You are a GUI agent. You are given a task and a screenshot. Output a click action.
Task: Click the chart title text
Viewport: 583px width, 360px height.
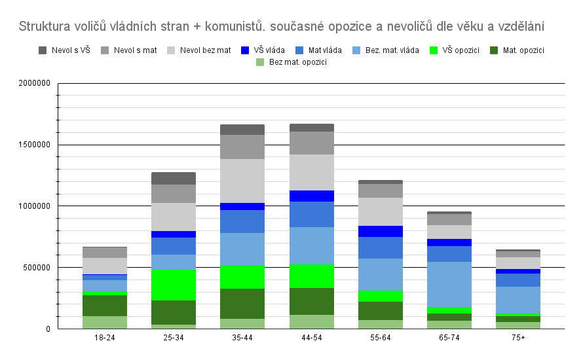point(281,27)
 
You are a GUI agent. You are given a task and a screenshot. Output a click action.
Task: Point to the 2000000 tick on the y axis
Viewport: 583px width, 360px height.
point(37,83)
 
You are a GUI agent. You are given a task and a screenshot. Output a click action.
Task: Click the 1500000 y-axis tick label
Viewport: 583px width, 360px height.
point(37,145)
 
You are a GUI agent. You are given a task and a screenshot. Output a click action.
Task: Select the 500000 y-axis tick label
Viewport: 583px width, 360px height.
point(39,267)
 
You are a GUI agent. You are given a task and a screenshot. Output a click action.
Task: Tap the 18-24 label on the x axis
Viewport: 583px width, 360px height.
point(105,338)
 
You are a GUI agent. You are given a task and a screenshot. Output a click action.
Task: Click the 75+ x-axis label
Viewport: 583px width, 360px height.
point(518,338)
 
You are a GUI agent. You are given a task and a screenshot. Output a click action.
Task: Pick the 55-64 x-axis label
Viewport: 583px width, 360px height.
point(381,338)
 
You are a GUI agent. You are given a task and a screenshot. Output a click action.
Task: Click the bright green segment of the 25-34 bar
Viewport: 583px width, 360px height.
point(174,285)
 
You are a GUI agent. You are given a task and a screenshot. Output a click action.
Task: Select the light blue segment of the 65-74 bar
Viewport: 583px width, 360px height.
point(449,284)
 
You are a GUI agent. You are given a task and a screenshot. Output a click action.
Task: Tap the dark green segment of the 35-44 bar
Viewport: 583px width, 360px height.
point(242,304)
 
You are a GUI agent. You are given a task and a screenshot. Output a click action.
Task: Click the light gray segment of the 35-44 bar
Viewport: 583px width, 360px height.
point(242,181)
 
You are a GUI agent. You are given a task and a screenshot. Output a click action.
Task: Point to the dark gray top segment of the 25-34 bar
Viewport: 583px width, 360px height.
point(174,178)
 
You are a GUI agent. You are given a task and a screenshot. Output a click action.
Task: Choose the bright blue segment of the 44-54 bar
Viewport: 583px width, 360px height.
point(312,196)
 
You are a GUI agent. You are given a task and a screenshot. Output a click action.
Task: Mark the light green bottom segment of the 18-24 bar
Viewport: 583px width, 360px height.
point(105,322)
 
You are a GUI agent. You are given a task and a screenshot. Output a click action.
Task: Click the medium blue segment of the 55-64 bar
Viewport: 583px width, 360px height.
point(381,247)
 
